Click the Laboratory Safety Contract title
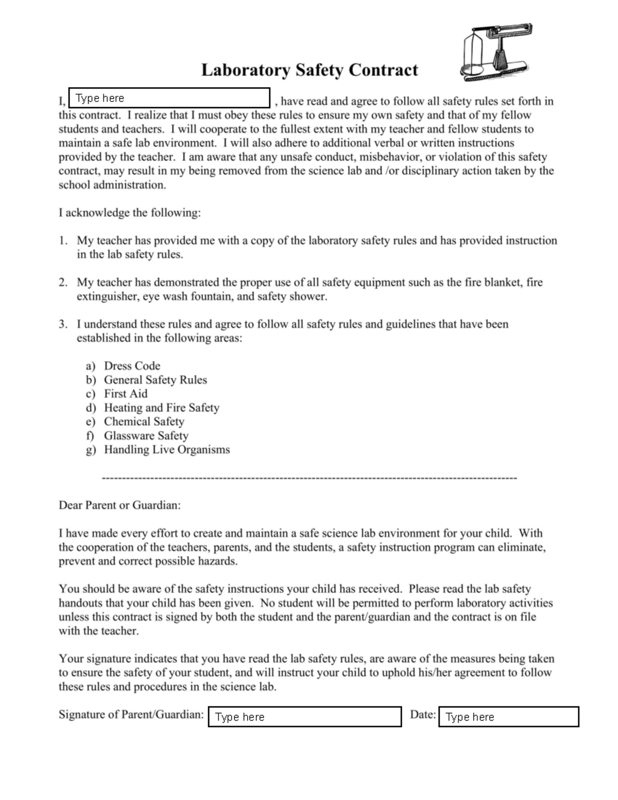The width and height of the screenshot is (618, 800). pyautogui.click(x=309, y=70)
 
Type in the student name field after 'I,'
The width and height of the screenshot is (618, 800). pyautogui.click(x=169, y=98)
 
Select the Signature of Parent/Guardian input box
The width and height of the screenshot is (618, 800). pyautogui.click(x=305, y=717)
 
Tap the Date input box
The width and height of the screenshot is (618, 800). pyautogui.click(x=509, y=717)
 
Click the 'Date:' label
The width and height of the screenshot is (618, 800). pyautogui.click(x=423, y=714)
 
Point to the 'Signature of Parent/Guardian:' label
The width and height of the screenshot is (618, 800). pyautogui.click(x=131, y=714)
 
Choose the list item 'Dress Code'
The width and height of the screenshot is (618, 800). pyautogui.click(x=132, y=366)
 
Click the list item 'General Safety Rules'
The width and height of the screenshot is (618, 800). pyautogui.click(x=155, y=380)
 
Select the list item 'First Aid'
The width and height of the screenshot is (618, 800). pyautogui.click(x=126, y=394)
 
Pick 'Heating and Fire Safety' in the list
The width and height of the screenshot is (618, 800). pyautogui.click(x=161, y=407)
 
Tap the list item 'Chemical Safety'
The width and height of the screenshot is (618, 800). pyautogui.click(x=144, y=421)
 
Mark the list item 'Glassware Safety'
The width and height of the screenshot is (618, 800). pyautogui.click(x=146, y=435)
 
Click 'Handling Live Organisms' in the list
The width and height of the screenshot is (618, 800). pyautogui.click(x=167, y=449)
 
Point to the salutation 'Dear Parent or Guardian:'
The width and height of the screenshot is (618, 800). pyautogui.click(x=119, y=505)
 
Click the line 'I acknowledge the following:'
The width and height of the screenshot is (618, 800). pyautogui.click(x=129, y=212)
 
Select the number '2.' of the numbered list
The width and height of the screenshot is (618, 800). pyautogui.click(x=63, y=282)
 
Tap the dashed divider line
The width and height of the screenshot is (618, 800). pyautogui.click(x=309, y=478)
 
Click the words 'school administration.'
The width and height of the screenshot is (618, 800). pyautogui.click(x=112, y=184)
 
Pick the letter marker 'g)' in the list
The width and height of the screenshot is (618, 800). pyautogui.click(x=91, y=450)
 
